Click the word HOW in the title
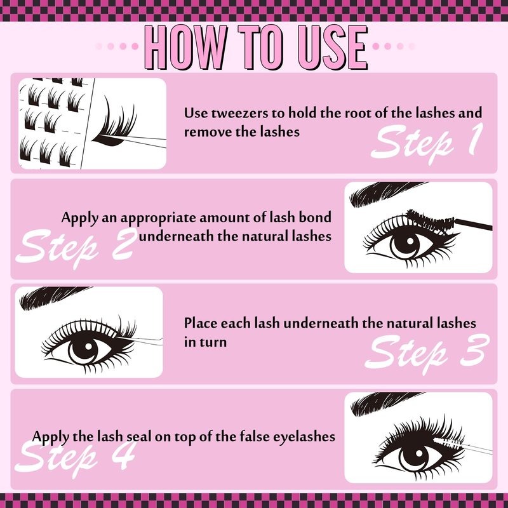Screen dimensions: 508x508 click(185, 47)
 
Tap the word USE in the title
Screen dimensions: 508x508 click(333, 47)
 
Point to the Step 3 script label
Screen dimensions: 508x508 click(427, 354)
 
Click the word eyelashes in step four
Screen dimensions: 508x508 click(304, 437)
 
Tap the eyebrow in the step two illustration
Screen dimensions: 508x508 click(385, 192)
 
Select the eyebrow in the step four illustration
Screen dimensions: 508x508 click(385, 403)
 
